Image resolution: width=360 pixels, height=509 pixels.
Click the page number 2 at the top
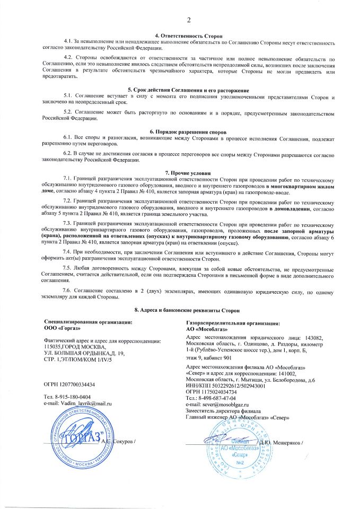(188, 20)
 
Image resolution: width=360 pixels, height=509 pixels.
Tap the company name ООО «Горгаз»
(63, 328)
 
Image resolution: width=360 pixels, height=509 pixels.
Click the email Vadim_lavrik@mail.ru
(84, 403)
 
